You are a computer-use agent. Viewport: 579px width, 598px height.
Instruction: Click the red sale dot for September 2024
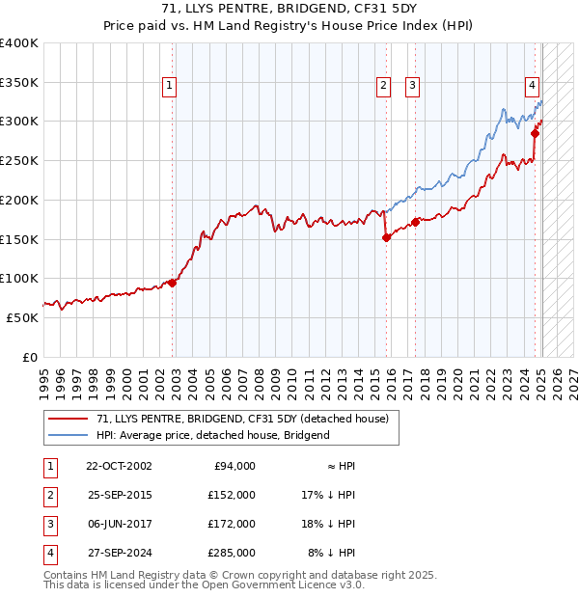535,134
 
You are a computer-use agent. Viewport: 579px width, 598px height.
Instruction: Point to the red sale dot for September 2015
386,237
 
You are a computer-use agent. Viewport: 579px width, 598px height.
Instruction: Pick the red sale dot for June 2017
415,222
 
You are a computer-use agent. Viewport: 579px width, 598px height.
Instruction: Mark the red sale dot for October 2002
173,283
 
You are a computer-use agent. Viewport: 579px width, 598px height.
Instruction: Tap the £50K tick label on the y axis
22,317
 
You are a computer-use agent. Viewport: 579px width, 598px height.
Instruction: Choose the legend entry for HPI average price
212,435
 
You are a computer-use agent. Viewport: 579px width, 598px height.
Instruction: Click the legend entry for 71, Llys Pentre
241,419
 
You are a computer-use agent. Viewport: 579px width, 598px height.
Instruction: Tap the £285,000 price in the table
232,553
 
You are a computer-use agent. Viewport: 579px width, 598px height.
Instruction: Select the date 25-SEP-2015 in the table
119,495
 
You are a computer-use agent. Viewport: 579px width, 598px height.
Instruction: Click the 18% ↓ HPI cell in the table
328,524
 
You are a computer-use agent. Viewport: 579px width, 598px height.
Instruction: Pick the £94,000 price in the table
234,466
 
